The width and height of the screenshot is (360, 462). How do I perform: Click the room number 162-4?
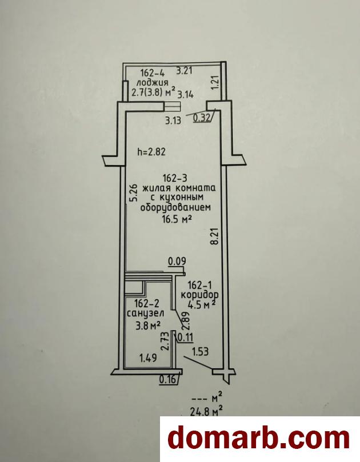coord(153,73)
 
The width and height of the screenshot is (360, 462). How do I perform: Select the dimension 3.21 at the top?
coord(184,71)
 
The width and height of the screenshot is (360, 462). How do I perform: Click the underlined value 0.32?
coord(202,118)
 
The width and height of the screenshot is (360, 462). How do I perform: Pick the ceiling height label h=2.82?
coord(151,152)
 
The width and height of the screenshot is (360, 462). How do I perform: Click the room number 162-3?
coord(175,178)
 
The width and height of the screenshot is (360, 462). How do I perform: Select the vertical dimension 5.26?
coord(134,192)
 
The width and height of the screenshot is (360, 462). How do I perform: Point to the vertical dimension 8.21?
coord(215,236)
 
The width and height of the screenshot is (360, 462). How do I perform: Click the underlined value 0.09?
coord(177,262)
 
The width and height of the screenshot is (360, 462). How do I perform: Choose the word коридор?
coord(199,295)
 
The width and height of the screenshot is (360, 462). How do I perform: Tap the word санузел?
coord(146,313)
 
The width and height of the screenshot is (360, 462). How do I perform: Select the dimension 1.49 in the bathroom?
coord(148,358)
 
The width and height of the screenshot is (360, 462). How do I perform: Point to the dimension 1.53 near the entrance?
coord(201,351)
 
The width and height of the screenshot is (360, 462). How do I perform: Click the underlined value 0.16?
coord(168,380)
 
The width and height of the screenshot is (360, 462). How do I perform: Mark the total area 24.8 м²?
coord(206,411)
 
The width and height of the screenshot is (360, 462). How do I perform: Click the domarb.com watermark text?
coord(259,439)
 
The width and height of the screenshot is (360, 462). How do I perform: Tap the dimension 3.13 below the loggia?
coord(173,120)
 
